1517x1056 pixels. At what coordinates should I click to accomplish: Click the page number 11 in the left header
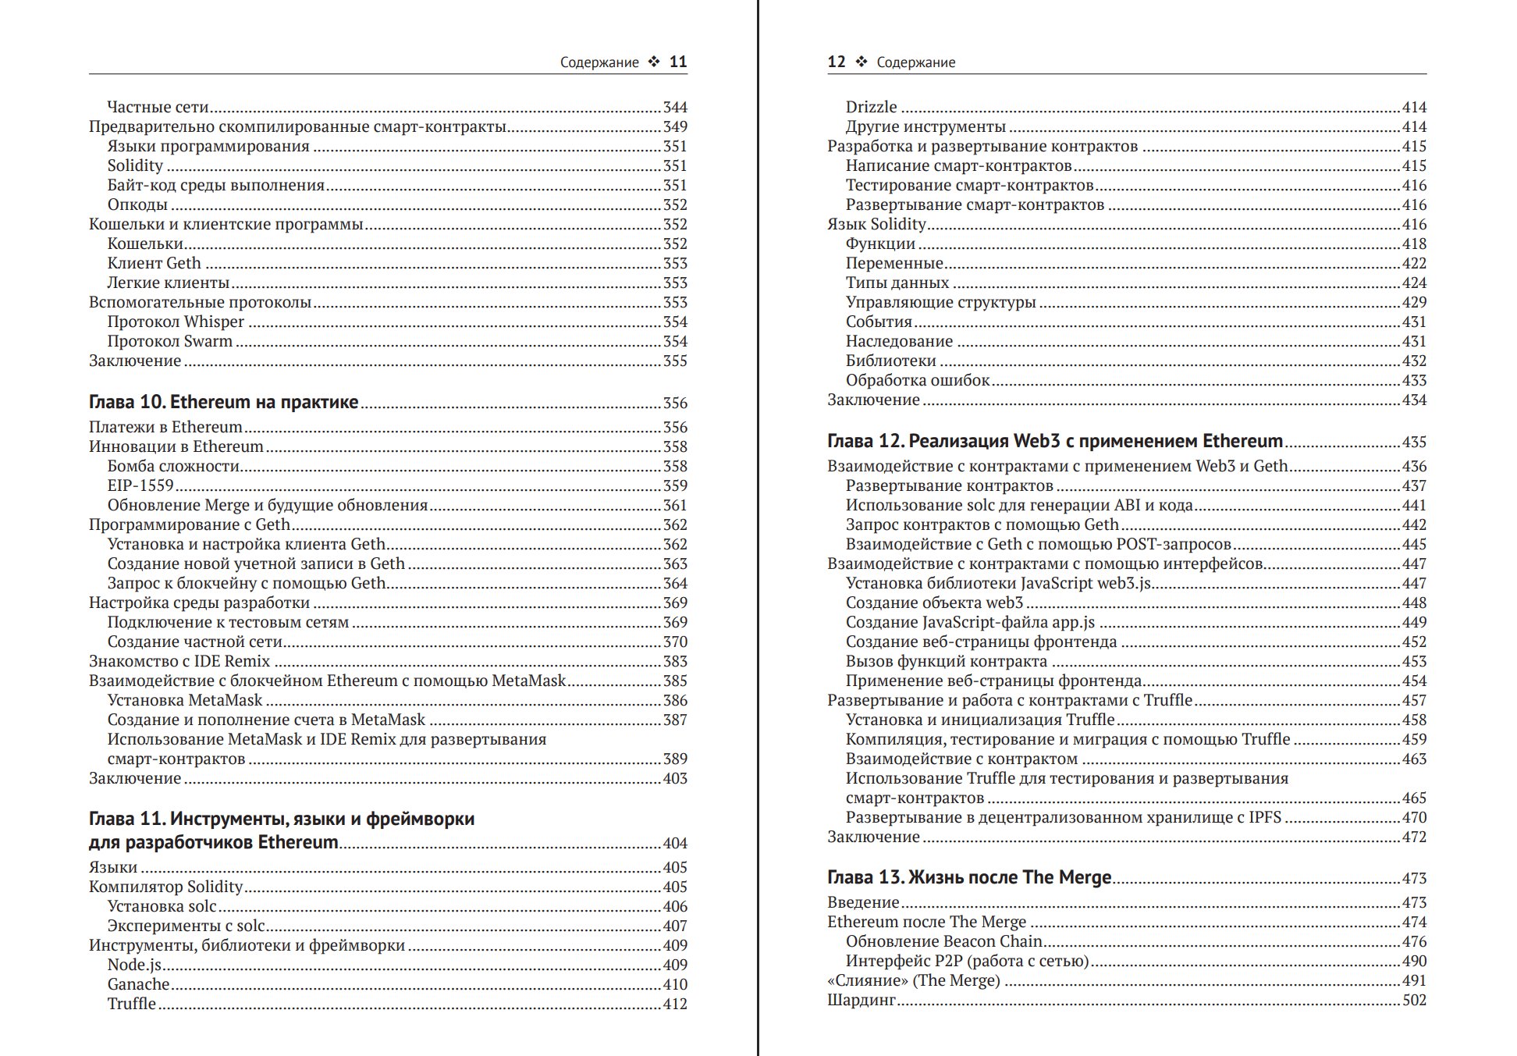click(678, 62)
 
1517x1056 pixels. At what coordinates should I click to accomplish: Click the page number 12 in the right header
click(837, 62)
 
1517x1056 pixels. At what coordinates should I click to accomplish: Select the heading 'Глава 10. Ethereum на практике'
click(223, 402)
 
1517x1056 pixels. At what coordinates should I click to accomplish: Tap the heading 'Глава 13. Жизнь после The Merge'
click(969, 877)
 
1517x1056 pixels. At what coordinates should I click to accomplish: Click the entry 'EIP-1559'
click(140, 485)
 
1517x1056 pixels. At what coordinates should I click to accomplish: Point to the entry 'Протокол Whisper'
click(176, 322)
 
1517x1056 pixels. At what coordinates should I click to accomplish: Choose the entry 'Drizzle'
click(871, 107)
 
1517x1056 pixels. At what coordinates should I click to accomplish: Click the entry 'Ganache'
click(138, 984)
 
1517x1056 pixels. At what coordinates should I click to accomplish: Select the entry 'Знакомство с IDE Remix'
click(179, 661)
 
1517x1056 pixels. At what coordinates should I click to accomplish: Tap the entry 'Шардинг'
click(862, 1000)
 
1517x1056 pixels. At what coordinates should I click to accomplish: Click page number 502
click(1414, 1000)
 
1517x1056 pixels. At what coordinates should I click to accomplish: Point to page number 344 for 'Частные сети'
click(675, 107)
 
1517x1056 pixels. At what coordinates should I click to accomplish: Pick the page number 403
click(675, 778)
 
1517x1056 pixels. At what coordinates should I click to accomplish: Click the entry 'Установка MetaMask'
click(185, 700)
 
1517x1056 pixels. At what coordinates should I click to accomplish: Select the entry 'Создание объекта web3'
click(934, 603)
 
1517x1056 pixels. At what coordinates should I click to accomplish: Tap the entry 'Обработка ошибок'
click(918, 380)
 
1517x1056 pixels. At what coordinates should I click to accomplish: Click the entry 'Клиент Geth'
click(154, 263)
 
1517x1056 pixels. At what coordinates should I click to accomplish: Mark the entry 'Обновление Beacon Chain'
click(944, 941)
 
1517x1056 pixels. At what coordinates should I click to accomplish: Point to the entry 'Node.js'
click(134, 965)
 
